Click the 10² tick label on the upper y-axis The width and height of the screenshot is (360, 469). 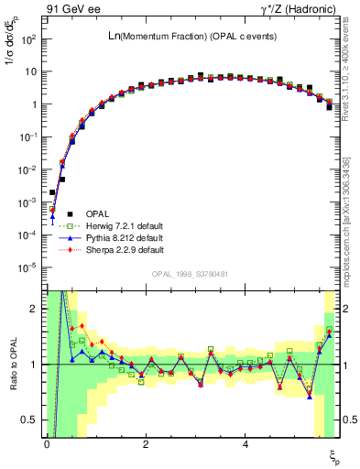tap(28, 40)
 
